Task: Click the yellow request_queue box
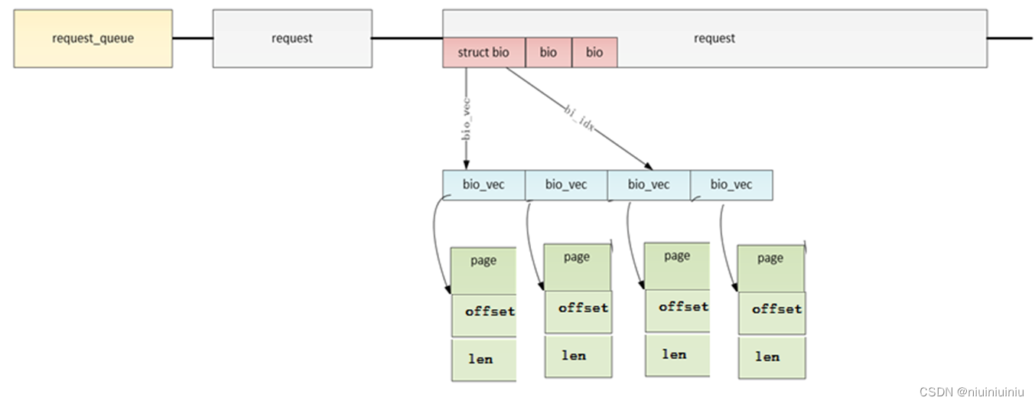point(93,38)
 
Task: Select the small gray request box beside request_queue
point(292,38)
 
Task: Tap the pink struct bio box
point(483,52)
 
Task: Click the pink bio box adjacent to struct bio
point(548,52)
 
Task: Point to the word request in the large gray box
point(714,38)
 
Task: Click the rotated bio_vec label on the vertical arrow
point(465,118)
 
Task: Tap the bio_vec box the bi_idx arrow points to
point(649,184)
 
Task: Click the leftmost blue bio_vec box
point(483,184)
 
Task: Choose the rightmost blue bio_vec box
point(731,184)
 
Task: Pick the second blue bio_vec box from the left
point(566,184)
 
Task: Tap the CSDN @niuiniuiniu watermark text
point(972,392)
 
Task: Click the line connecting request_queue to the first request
point(192,38)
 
